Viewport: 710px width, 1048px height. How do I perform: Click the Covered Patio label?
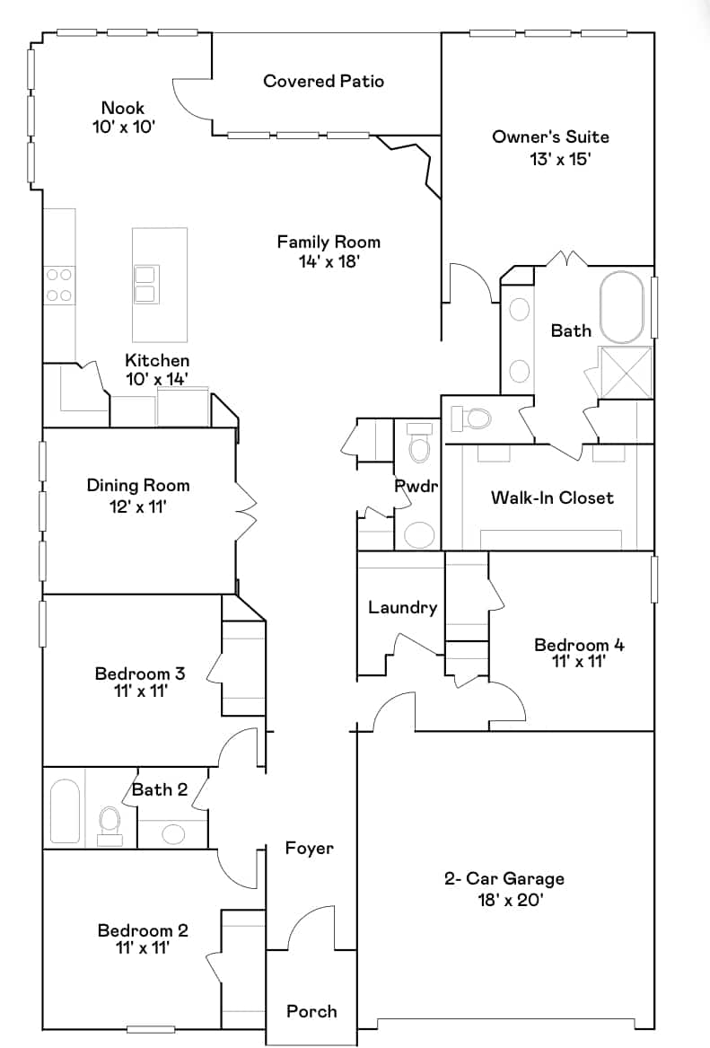coord(323,82)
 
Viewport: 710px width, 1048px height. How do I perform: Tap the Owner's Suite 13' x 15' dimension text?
coord(560,159)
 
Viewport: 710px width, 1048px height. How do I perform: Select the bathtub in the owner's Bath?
coord(622,307)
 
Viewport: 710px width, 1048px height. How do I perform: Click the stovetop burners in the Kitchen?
coord(58,284)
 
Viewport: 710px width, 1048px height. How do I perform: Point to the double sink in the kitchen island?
coord(146,284)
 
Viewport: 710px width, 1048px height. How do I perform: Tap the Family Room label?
coord(329,242)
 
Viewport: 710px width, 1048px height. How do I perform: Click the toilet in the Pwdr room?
coord(419,444)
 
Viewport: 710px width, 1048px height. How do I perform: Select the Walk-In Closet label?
coord(552,498)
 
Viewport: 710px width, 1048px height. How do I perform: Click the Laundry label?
coord(403,608)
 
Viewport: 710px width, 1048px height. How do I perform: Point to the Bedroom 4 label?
coord(579,645)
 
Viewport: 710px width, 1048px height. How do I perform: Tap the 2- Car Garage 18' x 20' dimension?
coord(511,900)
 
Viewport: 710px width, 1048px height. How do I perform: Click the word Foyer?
coord(310,849)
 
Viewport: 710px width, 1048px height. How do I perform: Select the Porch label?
coord(311,1011)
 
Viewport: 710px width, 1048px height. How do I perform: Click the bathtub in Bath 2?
coord(65,810)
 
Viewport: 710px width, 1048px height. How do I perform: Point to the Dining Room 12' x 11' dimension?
coord(137,506)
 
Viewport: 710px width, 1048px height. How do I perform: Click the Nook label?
coord(123,108)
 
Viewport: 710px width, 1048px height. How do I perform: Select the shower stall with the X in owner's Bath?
coord(625,373)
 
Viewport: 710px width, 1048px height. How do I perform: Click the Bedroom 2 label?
coord(143,930)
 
